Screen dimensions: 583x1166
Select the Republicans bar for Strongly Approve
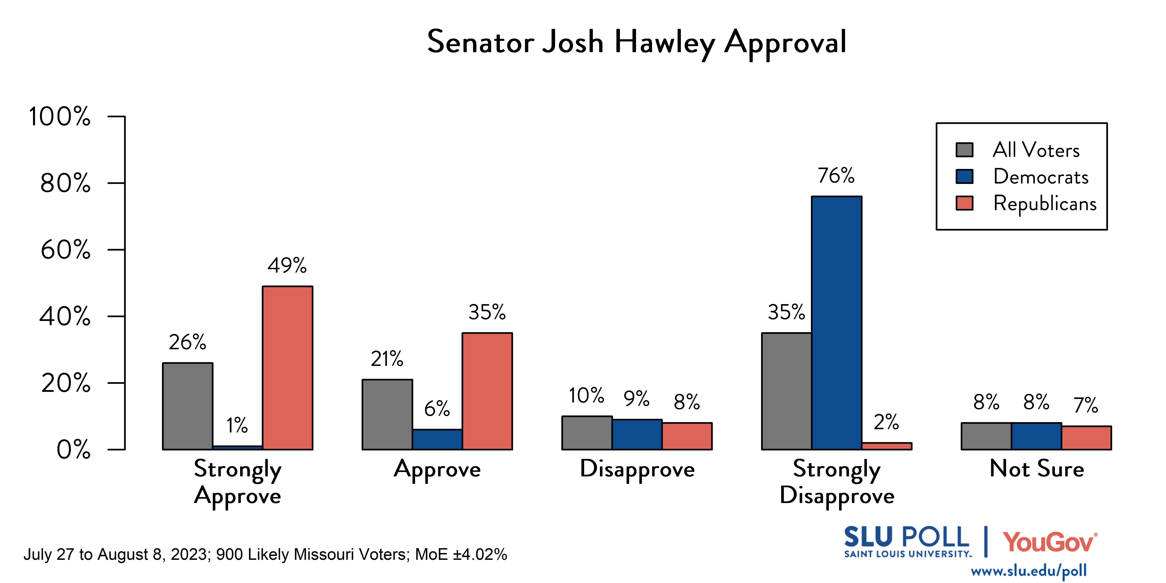287,368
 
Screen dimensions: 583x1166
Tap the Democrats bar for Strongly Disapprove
836,323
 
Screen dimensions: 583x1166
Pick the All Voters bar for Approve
387,414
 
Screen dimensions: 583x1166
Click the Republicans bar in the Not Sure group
1086,438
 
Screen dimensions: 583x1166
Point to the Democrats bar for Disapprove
637,434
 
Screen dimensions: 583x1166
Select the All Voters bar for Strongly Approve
187,406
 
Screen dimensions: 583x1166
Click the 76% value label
836,176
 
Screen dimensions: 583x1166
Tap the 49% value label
287,265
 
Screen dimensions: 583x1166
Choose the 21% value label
387,359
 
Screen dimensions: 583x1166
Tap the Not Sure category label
1036,468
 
